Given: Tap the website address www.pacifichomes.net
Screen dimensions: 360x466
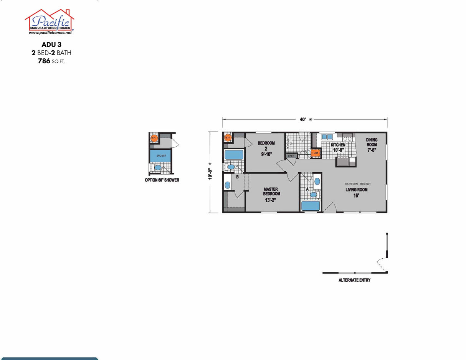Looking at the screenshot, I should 50,33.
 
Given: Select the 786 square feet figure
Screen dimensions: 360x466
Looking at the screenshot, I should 51,61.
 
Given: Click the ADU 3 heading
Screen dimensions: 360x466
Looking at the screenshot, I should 51,45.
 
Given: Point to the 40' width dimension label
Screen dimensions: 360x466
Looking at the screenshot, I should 303,119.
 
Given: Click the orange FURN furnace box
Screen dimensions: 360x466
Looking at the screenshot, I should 315,153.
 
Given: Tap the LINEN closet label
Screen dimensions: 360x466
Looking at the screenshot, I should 291,156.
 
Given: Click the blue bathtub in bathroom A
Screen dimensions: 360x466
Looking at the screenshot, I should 311,206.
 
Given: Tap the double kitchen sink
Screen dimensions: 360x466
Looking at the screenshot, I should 327,137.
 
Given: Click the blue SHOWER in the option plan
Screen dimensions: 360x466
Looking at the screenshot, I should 161,155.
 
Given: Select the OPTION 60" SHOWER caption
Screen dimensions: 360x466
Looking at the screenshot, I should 162,180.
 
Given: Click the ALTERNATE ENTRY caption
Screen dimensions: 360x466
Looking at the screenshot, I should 354,280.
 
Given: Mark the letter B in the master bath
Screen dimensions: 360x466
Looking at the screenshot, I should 237,177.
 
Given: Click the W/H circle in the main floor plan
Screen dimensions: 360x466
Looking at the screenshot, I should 228,137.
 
